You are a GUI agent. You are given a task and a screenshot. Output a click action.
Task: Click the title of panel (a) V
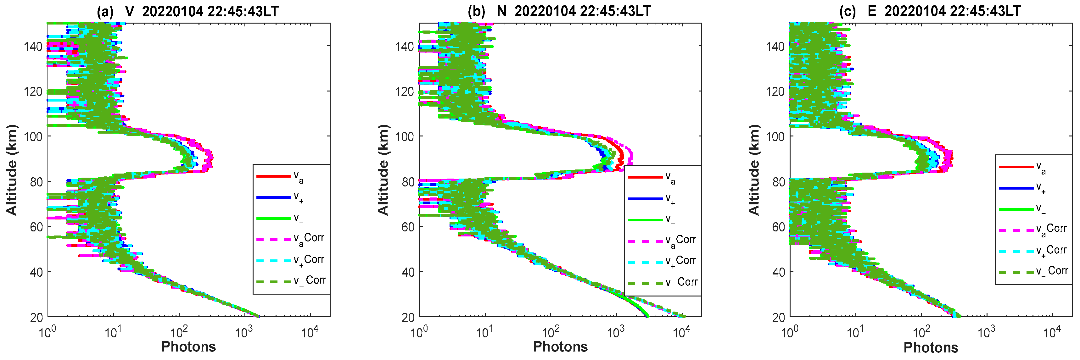[187, 11]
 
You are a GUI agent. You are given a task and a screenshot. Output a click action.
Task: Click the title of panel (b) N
[559, 11]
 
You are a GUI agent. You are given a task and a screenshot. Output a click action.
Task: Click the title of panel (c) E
[930, 11]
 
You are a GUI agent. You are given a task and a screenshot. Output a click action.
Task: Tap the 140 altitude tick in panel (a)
[33, 46]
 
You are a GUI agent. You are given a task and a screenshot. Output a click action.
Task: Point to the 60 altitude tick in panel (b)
[405, 227]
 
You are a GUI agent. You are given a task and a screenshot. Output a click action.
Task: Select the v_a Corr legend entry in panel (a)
[309, 239]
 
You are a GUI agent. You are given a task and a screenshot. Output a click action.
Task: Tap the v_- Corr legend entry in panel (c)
[1051, 272]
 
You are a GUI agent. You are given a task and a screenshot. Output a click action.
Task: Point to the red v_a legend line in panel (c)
[1016, 167]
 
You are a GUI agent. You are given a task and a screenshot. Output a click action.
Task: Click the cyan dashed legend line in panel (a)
[273, 261]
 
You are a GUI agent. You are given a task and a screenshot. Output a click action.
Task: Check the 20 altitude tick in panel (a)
[36, 317]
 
